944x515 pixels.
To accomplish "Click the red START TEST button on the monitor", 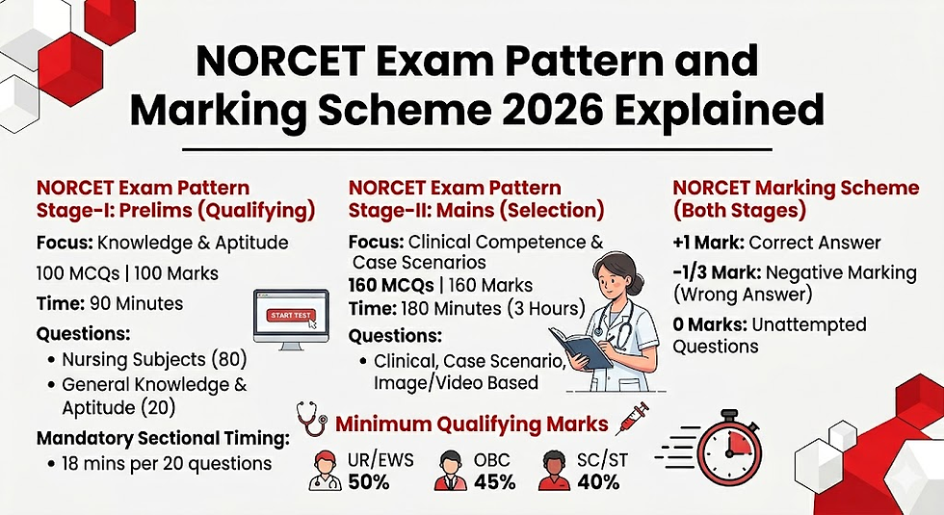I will [288, 315].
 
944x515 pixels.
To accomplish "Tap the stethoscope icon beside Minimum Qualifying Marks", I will [309, 422].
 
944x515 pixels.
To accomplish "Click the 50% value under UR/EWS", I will [370, 481].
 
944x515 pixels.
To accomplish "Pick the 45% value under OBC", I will [495, 481].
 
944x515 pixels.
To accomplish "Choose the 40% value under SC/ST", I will [599, 481].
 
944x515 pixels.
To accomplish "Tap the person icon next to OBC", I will [451, 469].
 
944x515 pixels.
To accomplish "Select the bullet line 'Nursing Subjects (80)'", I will [154, 360].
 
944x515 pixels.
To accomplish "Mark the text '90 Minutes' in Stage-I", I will [136, 303].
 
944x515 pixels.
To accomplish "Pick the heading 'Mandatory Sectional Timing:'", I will [162, 438].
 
